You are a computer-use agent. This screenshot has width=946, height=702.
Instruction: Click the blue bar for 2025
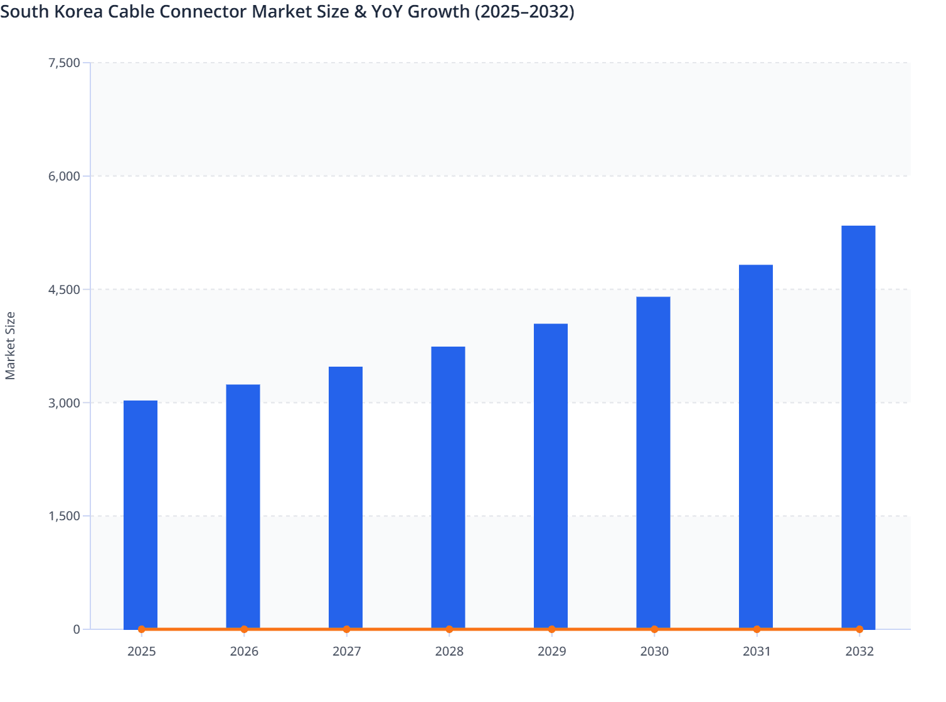(x=141, y=514)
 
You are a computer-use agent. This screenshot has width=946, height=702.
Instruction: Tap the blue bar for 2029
(x=551, y=476)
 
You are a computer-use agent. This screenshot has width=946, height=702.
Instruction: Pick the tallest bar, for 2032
(x=858, y=426)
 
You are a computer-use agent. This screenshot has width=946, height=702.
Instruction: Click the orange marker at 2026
(x=244, y=629)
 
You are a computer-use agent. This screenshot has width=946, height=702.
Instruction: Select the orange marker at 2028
(x=449, y=629)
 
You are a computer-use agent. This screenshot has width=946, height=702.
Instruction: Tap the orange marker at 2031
(x=757, y=629)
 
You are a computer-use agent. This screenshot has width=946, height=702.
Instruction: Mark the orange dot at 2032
(x=859, y=629)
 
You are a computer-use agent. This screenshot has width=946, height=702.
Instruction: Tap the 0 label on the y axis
(x=77, y=629)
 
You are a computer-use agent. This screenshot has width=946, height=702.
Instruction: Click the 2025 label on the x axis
(x=141, y=652)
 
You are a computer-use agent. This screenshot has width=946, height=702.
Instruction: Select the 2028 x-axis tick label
(x=449, y=652)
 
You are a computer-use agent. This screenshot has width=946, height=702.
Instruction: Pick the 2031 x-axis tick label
(x=757, y=652)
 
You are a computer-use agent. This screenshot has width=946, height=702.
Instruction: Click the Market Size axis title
(x=10, y=345)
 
